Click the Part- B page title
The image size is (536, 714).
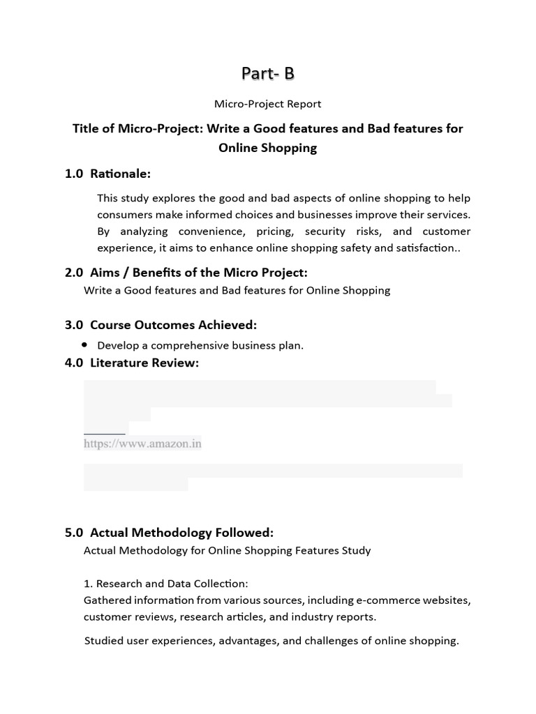[267, 73]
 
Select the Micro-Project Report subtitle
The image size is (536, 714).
[267, 104]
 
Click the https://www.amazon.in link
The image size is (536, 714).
[142, 443]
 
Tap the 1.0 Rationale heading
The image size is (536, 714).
[108, 174]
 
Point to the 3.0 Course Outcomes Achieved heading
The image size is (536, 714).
[161, 325]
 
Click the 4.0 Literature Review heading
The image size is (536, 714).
[132, 363]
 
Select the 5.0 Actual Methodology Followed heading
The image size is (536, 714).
[169, 533]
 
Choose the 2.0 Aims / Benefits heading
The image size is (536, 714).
[186, 272]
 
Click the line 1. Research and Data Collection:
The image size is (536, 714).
[165, 584]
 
